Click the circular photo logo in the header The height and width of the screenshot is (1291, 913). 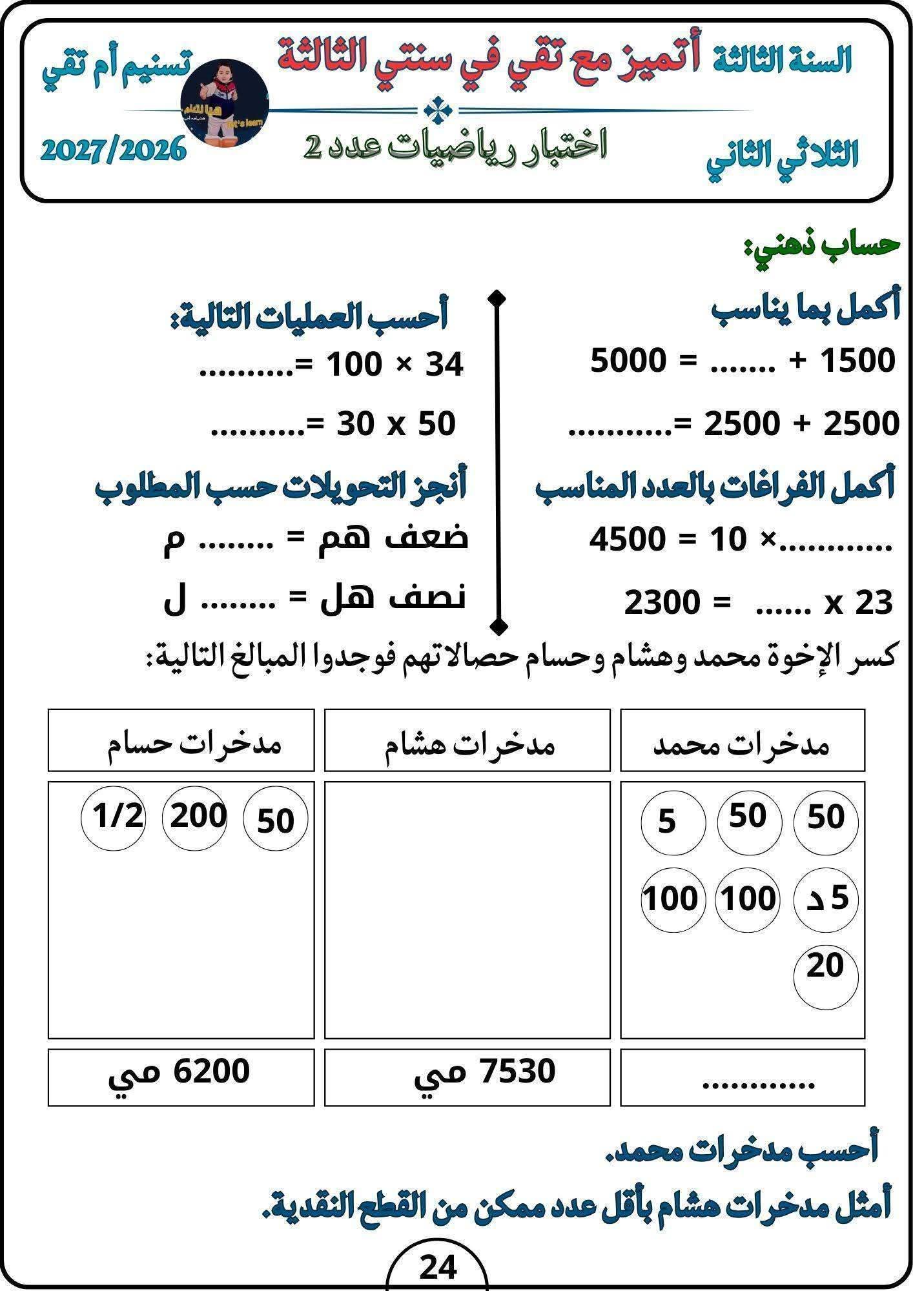point(225,104)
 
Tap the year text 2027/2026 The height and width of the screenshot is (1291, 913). point(114,151)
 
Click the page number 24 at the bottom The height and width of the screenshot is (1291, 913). point(438,1267)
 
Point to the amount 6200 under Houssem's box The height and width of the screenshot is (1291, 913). point(213,1072)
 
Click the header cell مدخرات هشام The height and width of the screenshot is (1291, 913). point(467,740)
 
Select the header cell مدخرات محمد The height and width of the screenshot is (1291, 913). point(743,740)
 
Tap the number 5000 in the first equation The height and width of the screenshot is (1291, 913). point(628,361)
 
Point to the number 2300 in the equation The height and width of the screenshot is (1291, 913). point(662,603)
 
